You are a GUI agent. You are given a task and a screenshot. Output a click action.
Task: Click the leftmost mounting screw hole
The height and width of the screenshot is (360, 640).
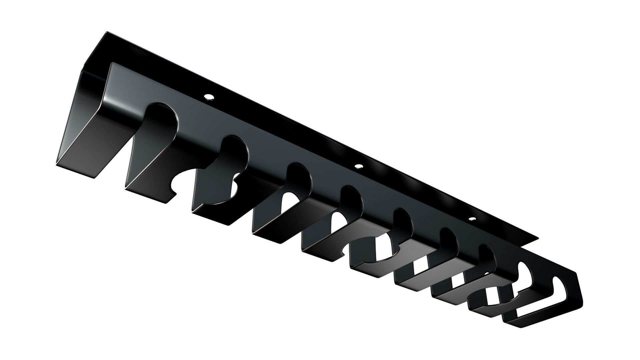209,97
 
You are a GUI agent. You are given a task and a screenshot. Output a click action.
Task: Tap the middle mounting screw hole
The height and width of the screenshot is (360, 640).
359,166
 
